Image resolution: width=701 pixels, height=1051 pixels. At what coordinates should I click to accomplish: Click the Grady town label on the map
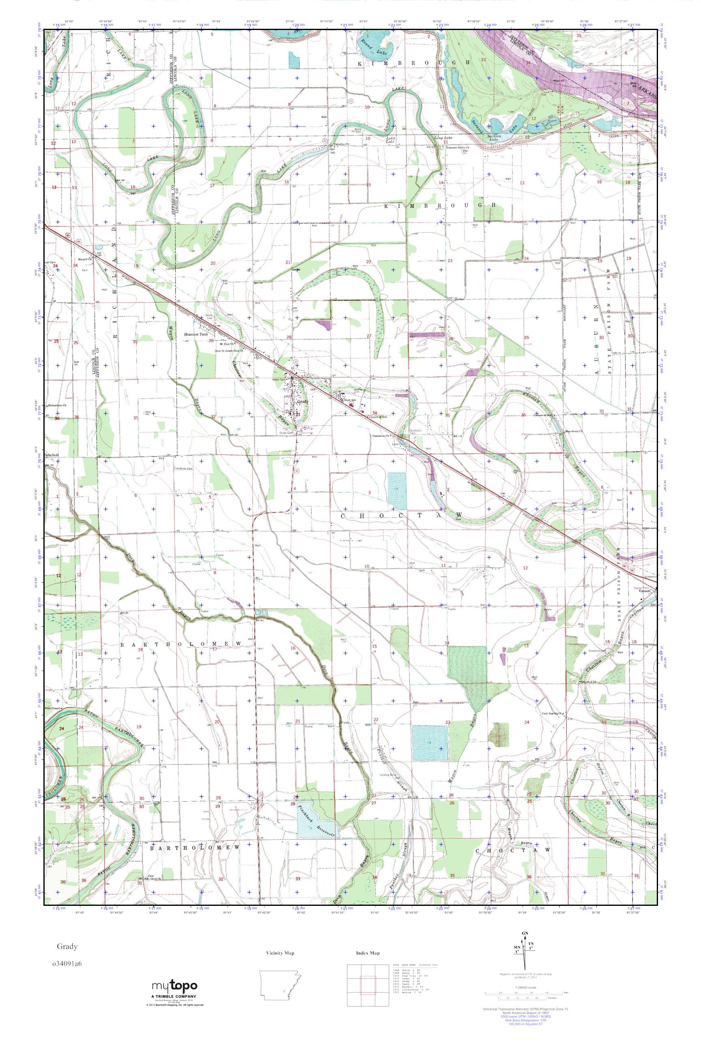[303, 401]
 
